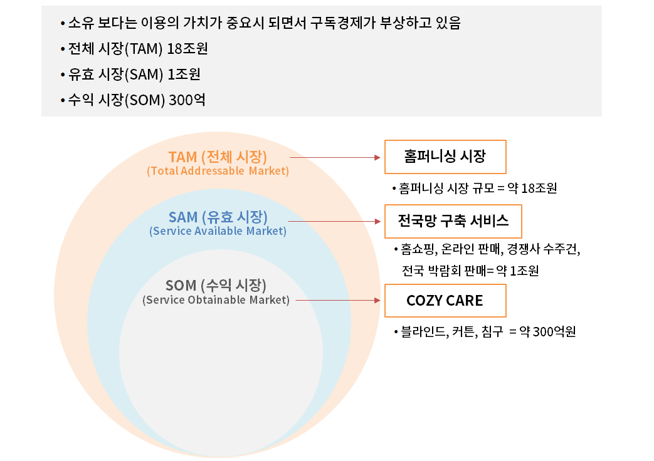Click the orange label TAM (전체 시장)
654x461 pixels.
pos(218,157)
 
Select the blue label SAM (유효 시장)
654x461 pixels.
pos(218,217)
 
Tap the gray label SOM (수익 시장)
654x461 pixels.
pos(216,286)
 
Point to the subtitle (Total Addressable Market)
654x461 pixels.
pos(218,171)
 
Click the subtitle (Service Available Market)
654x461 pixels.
pos(218,231)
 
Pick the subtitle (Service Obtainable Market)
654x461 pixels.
pos(216,300)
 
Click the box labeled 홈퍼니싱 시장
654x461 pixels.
pos(445,157)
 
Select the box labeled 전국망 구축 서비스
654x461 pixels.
pos(453,220)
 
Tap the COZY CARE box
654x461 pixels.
pos(445,301)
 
